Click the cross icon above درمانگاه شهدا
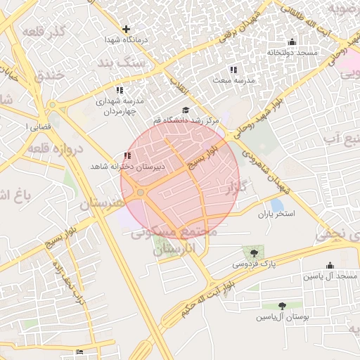(126, 30)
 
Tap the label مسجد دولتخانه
(292, 53)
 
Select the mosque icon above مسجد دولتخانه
(292, 42)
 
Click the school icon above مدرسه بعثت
(233, 70)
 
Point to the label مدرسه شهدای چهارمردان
(120, 106)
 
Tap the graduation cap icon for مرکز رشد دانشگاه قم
(186, 110)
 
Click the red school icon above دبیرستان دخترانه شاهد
(127, 156)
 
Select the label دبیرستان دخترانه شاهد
(127, 167)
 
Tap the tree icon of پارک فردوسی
(253, 252)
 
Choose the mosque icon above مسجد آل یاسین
(330, 265)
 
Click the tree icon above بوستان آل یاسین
(282, 306)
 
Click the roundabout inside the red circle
(141, 192)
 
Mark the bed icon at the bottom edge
(79, 352)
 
